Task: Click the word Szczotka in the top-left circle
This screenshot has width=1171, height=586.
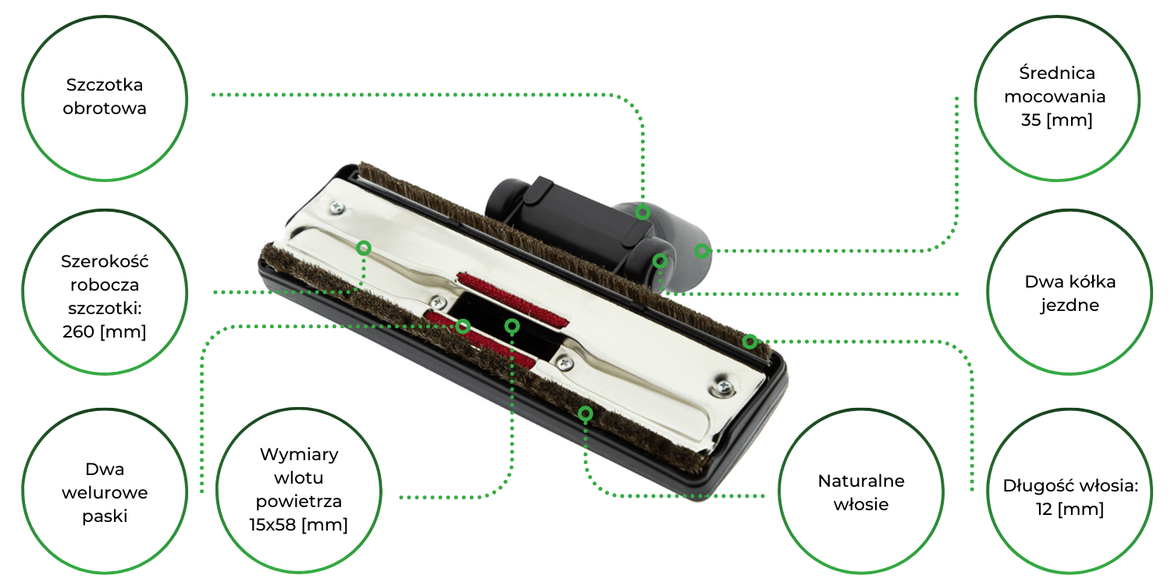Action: (105, 84)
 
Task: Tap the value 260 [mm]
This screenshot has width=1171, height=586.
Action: (104, 332)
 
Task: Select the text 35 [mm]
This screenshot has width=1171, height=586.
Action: (1056, 120)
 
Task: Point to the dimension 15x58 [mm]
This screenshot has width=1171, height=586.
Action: (298, 524)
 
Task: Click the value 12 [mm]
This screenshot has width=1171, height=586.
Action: (1070, 509)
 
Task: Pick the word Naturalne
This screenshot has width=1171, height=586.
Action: (861, 481)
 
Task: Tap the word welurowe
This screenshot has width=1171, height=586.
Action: (105, 492)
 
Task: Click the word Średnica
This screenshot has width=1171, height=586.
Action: (1056, 73)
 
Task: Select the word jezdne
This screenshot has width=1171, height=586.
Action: (1070, 306)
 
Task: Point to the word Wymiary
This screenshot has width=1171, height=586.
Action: (299, 454)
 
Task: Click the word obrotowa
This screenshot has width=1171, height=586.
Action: (105, 109)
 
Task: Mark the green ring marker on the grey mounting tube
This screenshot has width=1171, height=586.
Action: (702, 251)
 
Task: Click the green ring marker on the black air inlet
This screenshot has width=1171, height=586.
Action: (512, 327)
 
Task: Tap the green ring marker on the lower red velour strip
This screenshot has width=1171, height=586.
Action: (463, 327)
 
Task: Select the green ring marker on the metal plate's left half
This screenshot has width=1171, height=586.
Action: (364, 248)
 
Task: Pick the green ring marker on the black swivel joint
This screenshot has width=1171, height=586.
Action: (642, 212)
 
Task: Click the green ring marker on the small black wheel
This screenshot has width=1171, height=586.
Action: (660, 260)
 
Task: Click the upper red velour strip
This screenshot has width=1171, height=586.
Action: (512, 299)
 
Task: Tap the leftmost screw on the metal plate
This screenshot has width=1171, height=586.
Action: (337, 209)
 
